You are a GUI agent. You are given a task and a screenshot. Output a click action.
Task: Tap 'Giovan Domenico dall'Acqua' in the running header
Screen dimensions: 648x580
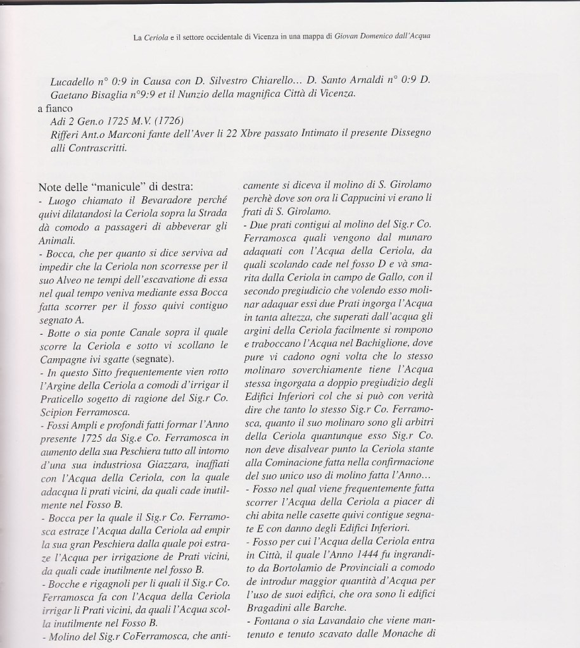(x=377, y=37)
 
